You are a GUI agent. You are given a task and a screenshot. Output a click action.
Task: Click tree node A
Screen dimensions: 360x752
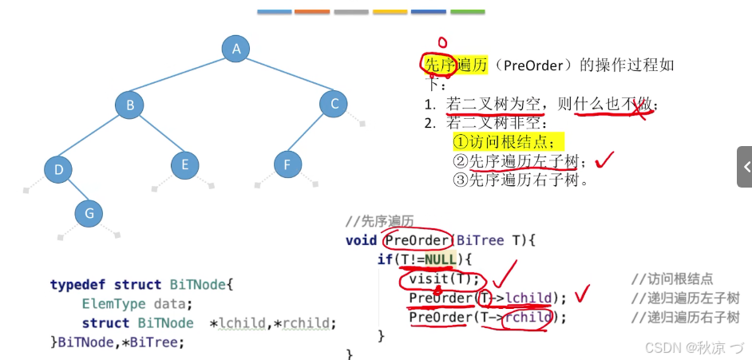click(236, 49)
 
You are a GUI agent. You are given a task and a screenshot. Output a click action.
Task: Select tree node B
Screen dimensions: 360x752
click(129, 105)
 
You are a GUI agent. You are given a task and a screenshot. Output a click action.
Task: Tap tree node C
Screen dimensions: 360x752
click(334, 104)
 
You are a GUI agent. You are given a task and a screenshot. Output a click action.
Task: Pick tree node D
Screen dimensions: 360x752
click(58, 169)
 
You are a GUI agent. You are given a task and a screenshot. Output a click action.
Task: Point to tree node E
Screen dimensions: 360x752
click(185, 165)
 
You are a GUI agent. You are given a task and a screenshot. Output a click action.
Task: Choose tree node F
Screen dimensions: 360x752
click(287, 165)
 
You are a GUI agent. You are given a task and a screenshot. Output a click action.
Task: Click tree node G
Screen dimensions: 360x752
click(89, 213)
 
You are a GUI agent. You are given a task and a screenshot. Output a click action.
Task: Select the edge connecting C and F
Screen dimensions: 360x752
click(311, 134)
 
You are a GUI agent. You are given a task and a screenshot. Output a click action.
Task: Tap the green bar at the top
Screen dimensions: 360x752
click(467, 12)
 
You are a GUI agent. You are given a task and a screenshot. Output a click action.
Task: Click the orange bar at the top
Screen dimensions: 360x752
click(311, 12)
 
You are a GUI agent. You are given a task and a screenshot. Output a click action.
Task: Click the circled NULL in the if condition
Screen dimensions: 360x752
click(440, 259)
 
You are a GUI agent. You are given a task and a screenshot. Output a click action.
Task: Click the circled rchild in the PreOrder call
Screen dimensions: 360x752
click(528, 317)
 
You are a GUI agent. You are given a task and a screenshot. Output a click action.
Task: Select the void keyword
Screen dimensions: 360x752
click(361, 240)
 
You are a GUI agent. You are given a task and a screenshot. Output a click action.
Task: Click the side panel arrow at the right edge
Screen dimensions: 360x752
click(746, 167)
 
